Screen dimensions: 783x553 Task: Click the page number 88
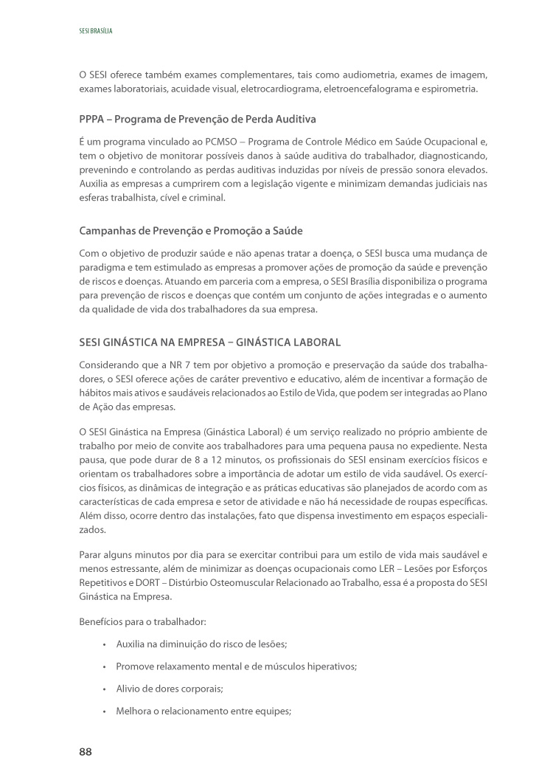tap(86, 751)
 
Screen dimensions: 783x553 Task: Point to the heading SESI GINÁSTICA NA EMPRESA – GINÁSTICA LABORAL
tap(209, 343)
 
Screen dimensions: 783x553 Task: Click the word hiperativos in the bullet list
tap(330, 666)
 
